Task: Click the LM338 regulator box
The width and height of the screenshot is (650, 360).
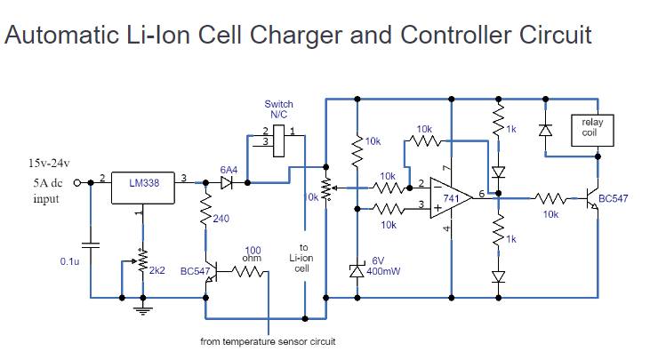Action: tap(142, 183)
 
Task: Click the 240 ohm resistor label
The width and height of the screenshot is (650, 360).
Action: tap(221, 219)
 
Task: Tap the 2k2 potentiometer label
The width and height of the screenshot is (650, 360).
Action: tap(156, 269)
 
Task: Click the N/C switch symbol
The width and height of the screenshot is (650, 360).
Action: tap(276, 138)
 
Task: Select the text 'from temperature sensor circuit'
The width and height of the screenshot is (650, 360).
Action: tap(268, 341)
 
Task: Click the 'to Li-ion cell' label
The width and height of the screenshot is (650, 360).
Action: tap(302, 258)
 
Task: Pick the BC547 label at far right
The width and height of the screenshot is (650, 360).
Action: tap(614, 199)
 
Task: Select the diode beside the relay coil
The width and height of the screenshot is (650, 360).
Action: tap(544, 130)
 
